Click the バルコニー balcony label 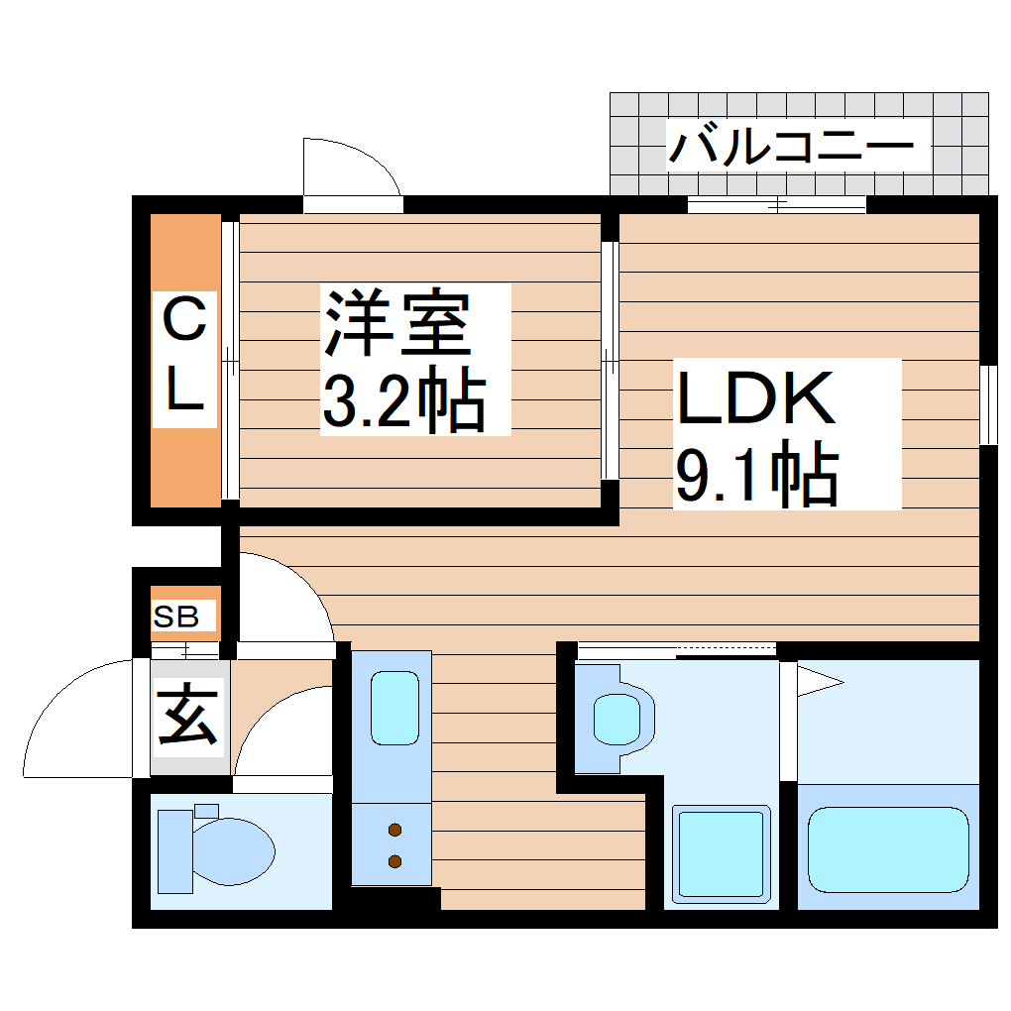point(790,148)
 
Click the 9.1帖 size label point(756,476)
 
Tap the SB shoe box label point(176,618)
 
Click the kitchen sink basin point(393,707)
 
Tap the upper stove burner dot point(394,830)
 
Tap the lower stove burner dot point(394,861)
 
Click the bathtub point(888,850)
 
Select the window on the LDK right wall point(988,404)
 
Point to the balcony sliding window point(777,206)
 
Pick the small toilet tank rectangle point(206,811)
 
